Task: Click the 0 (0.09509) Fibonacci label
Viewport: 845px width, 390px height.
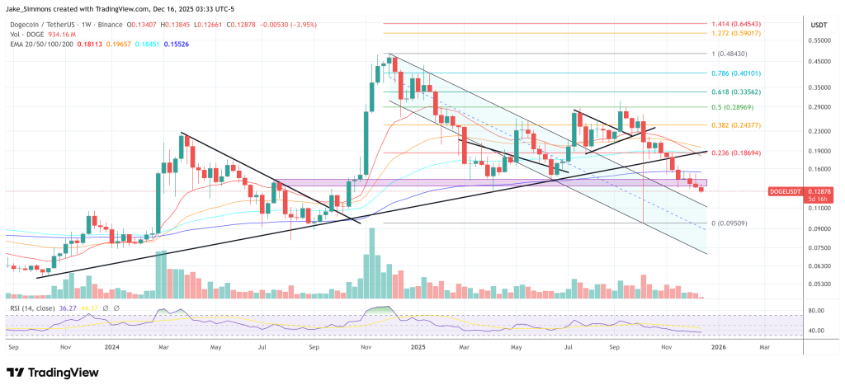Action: point(732,223)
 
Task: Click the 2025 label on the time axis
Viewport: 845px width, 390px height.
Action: point(418,348)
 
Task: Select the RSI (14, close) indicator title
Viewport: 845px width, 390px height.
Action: point(32,308)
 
